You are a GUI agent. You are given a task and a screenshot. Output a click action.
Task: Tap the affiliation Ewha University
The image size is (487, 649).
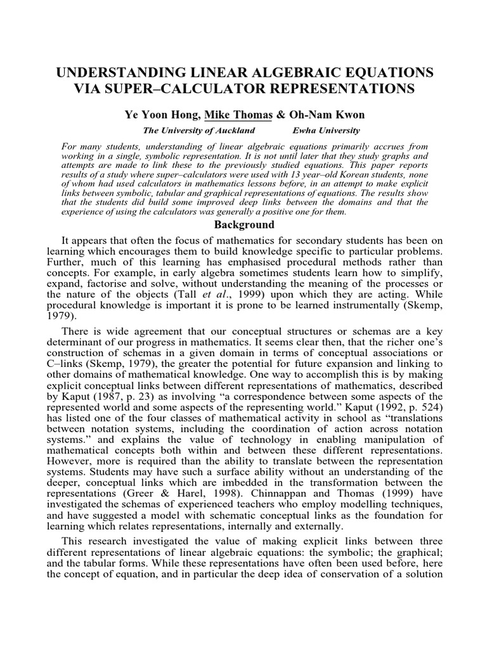click(x=326, y=131)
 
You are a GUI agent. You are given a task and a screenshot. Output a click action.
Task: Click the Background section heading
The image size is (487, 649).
click(x=243, y=225)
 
